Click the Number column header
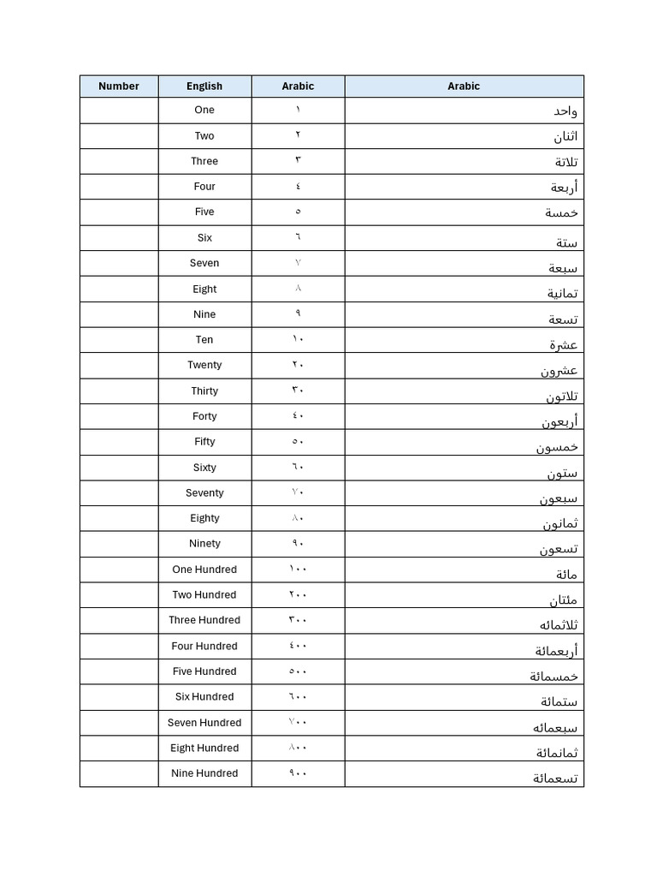click(x=118, y=87)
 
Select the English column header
click(x=204, y=87)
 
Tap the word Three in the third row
click(x=204, y=161)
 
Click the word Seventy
click(x=204, y=493)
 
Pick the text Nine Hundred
click(x=204, y=773)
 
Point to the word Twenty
click(x=204, y=365)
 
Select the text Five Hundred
click(x=204, y=671)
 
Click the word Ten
click(x=204, y=340)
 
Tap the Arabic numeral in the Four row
click(x=298, y=186)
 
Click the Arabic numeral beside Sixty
click(x=298, y=467)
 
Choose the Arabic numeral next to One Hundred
click(x=298, y=569)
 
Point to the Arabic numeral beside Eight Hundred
click(x=298, y=748)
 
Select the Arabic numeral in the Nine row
click(x=298, y=313)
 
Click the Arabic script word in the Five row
click(x=562, y=212)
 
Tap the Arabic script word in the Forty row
click(x=559, y=421)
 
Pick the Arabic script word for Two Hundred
click(x=563, y=600)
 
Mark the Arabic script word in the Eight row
click(x=563, y=294)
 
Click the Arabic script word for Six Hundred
click(x=559, y=702)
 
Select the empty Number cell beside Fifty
click(x=119, y=442)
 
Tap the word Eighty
click(x=204, y=518)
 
